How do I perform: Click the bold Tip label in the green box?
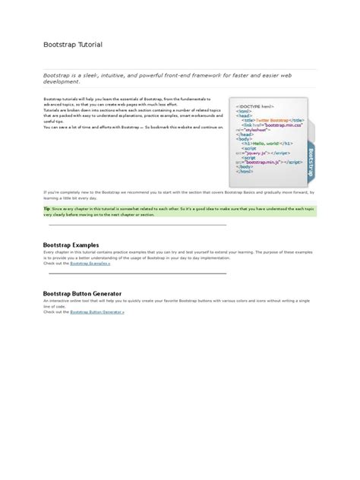(47, 207)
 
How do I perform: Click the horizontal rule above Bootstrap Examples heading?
(137, 226)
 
